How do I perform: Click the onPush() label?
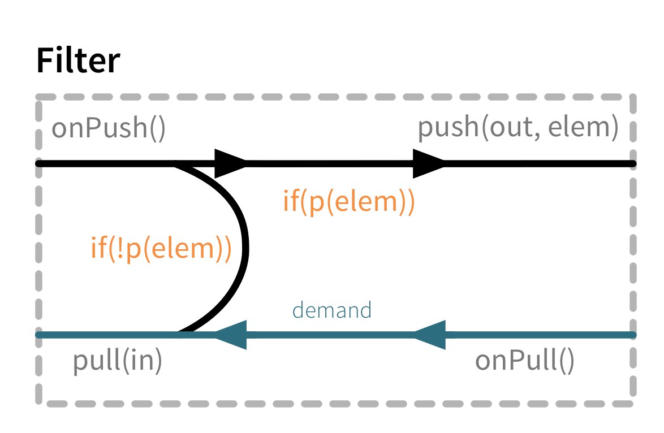click(109, 129)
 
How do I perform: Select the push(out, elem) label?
click(518, 128)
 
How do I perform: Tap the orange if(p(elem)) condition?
click(348, 202)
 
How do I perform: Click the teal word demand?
click(331, 310)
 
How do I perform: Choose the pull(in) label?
click(118, 361)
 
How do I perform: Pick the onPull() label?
click(524, 361)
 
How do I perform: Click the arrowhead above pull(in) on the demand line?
click(230, 335)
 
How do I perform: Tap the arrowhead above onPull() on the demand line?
click(429, 335)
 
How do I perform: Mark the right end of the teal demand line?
click(632, 335)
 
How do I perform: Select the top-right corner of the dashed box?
click(632, 97)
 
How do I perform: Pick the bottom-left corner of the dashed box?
click(40, 402)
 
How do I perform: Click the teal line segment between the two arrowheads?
click(328, 335)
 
